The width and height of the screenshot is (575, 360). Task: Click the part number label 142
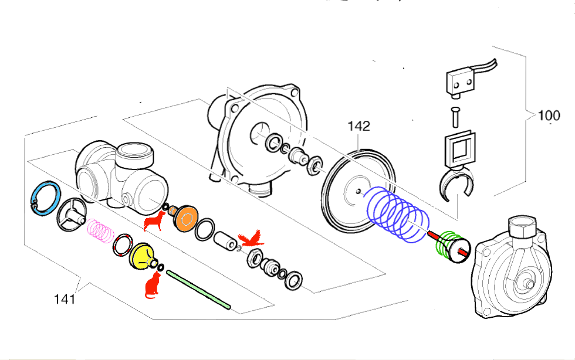tap(358, 126)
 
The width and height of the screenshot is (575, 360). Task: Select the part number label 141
tap(65, 300)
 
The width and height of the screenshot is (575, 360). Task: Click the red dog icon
tap(154, 221)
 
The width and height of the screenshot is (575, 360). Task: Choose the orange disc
tap(187, 219)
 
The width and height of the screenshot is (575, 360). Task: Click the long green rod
tap(198, 289)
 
